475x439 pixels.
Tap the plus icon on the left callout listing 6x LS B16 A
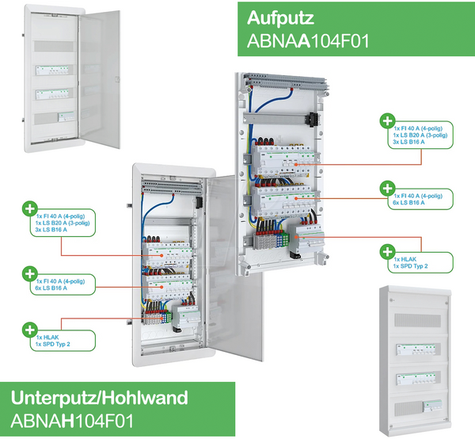click(x=30, y=274)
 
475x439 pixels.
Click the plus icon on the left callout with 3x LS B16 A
click(x=30, y=208)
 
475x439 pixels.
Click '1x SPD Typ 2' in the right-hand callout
click(x=412, y=265)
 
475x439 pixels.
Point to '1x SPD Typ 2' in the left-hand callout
click(x=53, y=345)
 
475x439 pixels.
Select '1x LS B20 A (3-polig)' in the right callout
click(x=420, y=136)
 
